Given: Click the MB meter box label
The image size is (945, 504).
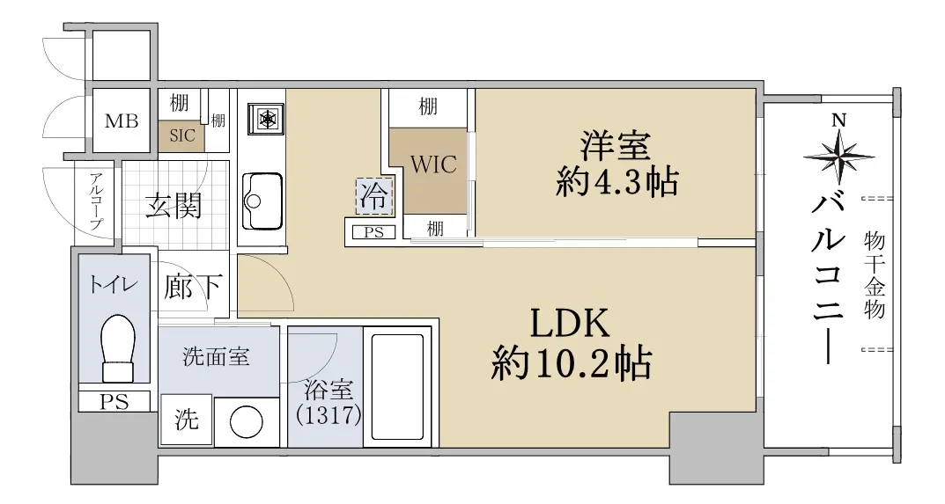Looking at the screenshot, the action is [x=122, y=121].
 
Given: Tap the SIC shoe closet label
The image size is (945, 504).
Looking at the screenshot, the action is [x=182, y=135].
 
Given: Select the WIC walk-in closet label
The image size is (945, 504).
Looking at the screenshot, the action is [x=433, y=164].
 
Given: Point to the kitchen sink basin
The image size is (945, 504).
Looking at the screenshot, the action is [x=262, y=201].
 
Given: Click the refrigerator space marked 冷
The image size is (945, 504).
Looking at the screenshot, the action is [x=373, y=195].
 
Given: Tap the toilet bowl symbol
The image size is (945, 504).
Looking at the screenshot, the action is [x=117, y=348].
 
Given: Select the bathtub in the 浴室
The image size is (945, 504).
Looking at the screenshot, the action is [x=398, y=387].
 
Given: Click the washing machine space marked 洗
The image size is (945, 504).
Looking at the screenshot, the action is [x=186, y=419].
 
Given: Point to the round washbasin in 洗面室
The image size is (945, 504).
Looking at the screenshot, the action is [x=247, y=421].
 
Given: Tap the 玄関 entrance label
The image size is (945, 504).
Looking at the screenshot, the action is [x=173, y=206].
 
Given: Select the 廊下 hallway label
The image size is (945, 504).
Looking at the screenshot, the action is [x=192, y=287].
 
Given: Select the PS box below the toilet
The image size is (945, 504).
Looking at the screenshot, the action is [x=114, y=402].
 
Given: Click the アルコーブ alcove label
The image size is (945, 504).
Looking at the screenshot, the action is [x=96, y=201].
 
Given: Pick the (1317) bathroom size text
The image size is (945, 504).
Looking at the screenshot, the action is [x=329, y=415].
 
